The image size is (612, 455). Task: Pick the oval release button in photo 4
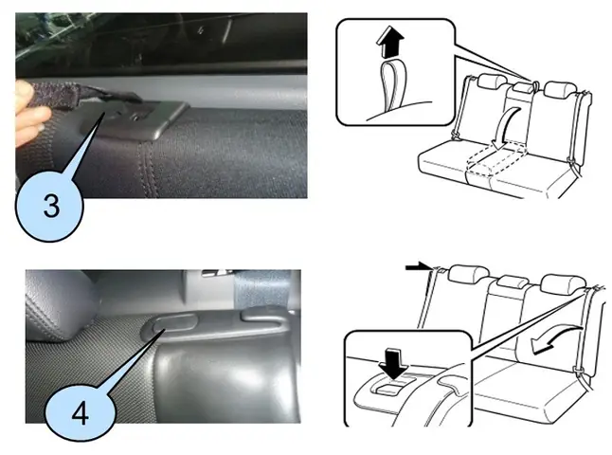pyautogui.click(x=168, y=326)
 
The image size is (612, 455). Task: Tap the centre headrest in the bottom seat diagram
pyautogui.click(x=511, y=282)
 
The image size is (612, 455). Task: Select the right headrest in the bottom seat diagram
pyautogui.click(x=559, y=282)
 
